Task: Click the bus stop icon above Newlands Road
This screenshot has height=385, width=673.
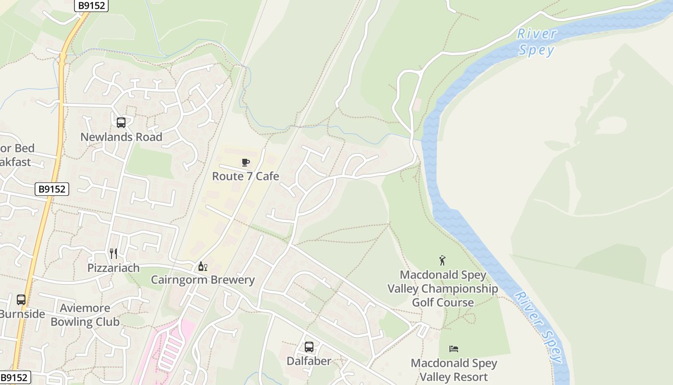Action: (x=121, y=123)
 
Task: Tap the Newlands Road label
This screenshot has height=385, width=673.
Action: (x=121, y=137)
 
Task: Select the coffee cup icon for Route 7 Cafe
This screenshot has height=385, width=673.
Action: (x=246, y=163)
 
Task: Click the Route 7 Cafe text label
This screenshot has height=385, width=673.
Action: (x=246, y=177)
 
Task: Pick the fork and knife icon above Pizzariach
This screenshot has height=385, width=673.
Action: (x=113, y=254)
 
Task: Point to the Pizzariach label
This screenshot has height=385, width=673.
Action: (x=113, y=268)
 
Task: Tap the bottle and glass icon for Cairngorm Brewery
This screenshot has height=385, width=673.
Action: (x=203, y=266)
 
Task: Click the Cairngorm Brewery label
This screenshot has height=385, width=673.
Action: (x=203, y=280)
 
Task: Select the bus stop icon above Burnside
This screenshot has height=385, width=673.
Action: (x=21, y=300)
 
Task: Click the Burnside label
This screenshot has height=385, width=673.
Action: (x=22, y=314)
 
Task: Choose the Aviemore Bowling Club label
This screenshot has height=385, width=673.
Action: (x=85, y=315)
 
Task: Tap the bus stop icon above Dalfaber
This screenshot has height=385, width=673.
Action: (x=309, y=347)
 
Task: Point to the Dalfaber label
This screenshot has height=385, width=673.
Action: (x=309, y=361)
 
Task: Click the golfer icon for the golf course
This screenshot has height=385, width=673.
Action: (x=443, y=261)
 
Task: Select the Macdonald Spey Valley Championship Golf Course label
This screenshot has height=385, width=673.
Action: (x=443, y=289)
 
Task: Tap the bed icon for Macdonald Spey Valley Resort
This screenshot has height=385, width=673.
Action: (x=454, y=349)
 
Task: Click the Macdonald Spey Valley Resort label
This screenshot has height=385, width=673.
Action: (x=454, y=370)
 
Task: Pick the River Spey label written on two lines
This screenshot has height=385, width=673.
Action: (x=536, y=42)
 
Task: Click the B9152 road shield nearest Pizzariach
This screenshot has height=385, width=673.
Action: (x=52, y=189)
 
